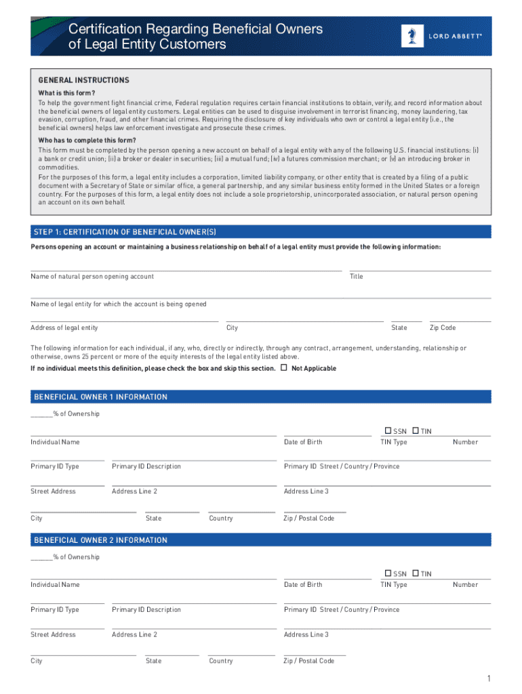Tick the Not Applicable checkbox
(x=283, y=368)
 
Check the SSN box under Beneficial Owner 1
(x=388, y=430)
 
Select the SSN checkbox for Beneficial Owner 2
(x=388, y=573)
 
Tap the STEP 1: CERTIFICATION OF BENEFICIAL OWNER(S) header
(x=125, y=232)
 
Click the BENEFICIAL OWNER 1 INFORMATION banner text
(x=100, y=397)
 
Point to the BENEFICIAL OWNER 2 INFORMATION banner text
(x=100, y=540)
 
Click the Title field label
(x=357, y=277)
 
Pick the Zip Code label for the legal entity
(x=443, y=328)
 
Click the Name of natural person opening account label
(x=92, y=277)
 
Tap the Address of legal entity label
(x=64, y=328)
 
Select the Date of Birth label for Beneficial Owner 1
(x=303, y=442)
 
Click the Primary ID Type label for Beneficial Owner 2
(x=55, y=610)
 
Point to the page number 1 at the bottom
(x=487, y=678)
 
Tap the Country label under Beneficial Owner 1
(x=221, y=518)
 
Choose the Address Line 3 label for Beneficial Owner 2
(x=306, y=635)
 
